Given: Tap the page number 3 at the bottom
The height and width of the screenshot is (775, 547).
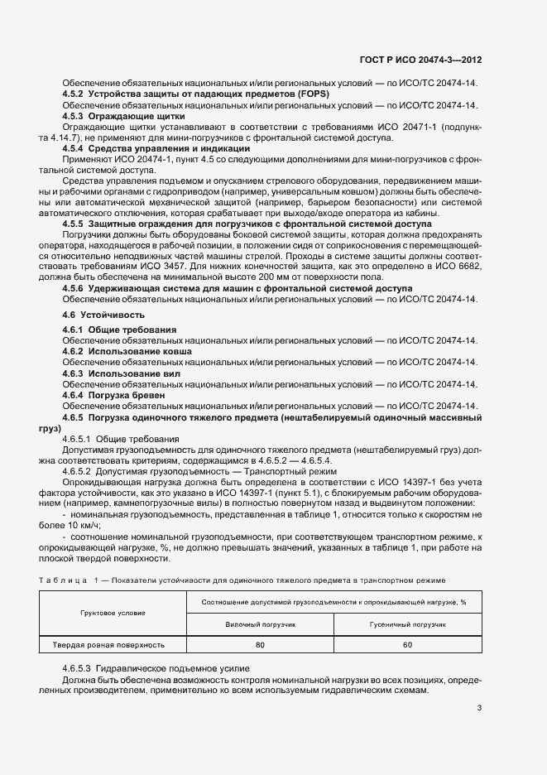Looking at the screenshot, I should coord(479,706).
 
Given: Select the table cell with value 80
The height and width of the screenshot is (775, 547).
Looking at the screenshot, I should coord(261,644).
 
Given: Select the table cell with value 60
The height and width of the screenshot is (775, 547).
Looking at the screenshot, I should coord(407,644).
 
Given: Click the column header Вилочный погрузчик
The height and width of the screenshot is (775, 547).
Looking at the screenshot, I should coord(261,623).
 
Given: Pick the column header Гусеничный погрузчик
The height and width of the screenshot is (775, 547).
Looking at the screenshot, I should coord(407,623).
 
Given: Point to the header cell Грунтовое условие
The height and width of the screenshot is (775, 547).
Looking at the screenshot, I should coord(113,613).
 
